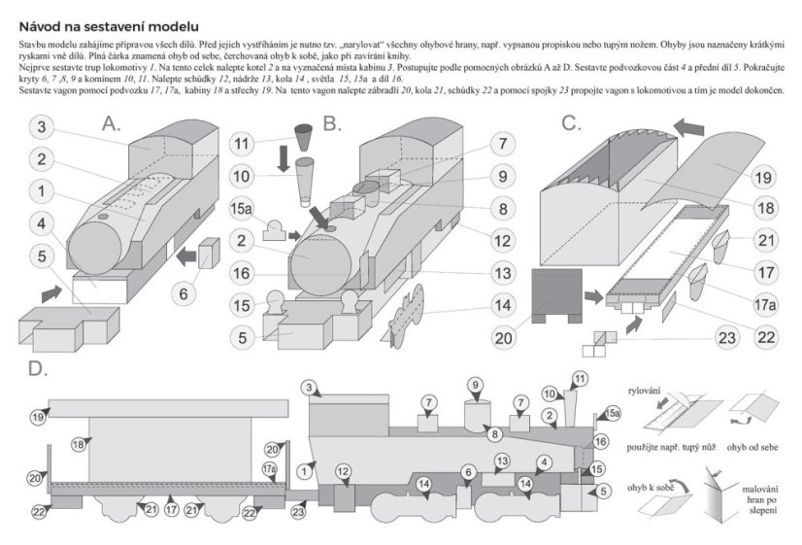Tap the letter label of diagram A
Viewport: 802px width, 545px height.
(111, 124)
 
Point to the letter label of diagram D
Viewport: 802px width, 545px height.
(37, 370)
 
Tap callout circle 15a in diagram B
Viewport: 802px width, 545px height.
(243, 209)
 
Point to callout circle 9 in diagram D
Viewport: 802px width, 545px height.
(475, 386)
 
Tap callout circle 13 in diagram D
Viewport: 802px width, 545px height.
(501, 460)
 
